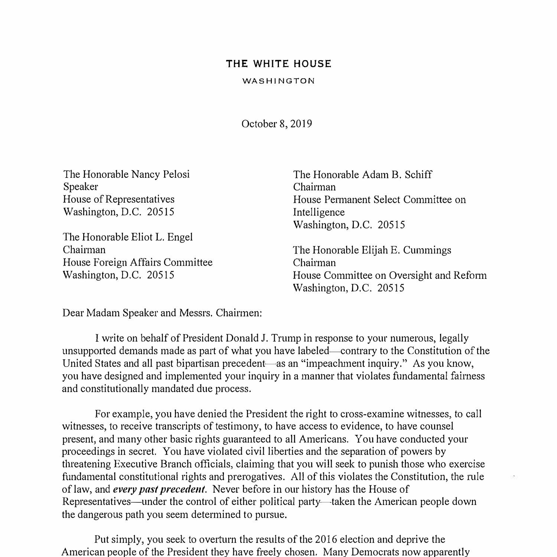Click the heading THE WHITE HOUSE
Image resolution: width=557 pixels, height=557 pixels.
[x=278, y=64]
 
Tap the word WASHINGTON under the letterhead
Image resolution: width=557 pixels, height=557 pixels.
[x=278, y=81]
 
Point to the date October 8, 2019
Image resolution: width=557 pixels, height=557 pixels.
[x=277, y=124]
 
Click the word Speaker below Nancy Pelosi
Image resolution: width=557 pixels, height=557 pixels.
[x=81, y=187]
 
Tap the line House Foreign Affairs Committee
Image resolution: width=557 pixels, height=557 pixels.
[x=137, y=262]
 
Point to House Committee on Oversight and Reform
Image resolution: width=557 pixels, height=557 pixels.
[x=390, y=275]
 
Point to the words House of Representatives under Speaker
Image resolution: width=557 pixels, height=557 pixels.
[x=118, y=199]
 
